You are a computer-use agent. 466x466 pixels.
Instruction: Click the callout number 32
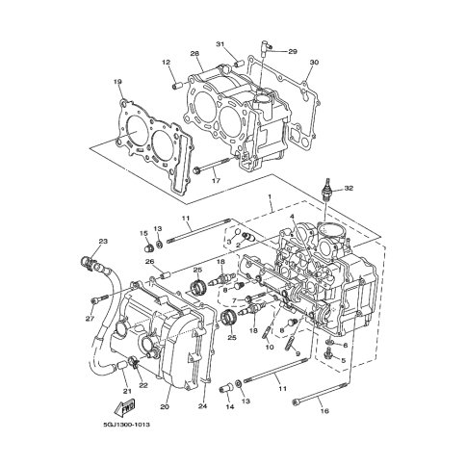(x=349, y=189)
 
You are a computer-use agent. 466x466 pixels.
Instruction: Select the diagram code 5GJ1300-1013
(x=126, y=425)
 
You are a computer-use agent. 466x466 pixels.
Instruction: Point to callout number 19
(x=117, y=82)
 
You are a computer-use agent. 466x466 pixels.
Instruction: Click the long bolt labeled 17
(x=212, y=165)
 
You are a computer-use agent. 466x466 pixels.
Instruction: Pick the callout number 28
(x=194, y=54)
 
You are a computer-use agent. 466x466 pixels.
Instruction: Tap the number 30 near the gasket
(x=314, y=63)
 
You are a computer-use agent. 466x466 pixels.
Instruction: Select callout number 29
(x=293, y=51)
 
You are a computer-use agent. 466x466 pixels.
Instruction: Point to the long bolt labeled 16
(x=320, y=393)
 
